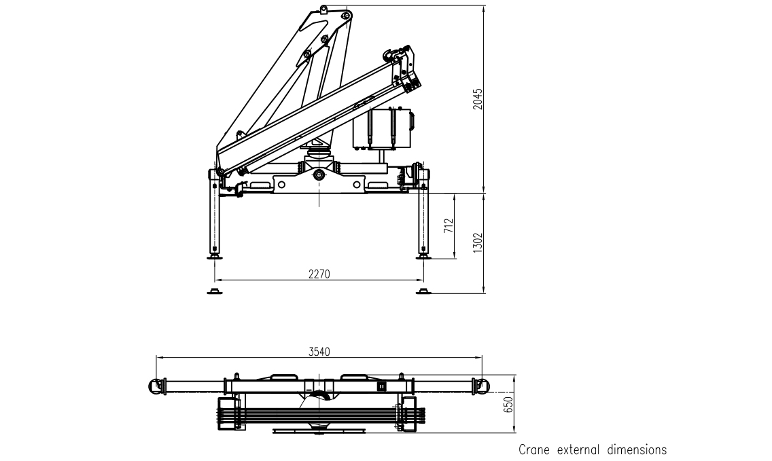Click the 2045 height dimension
click(478, 100)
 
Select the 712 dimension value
click(449, 226)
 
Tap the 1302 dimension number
click(478, 243)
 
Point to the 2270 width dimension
click(319, 274)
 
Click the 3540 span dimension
click(319, 351)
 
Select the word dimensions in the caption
click(638, 449)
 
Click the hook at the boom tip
click(392, 53)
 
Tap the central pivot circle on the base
click(319, 176)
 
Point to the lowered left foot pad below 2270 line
click(215, 291)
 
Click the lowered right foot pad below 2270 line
click(424, 291)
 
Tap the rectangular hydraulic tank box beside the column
click(383, 128)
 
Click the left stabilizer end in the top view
click(158, 386)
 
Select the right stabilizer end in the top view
click(480, 386)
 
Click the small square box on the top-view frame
click(382, 387)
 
